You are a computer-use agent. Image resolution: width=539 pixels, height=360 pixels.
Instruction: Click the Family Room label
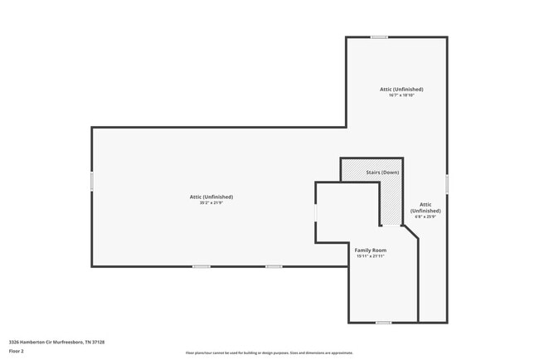pos(371,250)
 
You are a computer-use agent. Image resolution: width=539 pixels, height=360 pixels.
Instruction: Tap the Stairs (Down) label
pos(382,172)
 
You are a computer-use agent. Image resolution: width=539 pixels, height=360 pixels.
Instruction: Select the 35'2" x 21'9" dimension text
pos(211,202)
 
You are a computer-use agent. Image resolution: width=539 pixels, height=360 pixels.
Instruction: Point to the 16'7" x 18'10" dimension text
pos(401,95)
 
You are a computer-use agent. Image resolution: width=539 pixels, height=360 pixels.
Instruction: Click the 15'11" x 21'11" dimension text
pos(371,256)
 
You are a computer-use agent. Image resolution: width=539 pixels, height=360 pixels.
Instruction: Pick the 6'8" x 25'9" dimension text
pos(425,217)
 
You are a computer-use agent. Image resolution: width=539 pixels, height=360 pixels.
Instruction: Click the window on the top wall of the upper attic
pos(379,36)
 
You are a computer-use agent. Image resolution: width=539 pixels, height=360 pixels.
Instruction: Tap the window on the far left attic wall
pos(91,181)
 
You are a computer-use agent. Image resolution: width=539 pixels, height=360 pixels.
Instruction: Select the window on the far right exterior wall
pos(447,183)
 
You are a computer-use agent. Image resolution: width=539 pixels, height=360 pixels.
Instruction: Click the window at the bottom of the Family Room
pos(383,322)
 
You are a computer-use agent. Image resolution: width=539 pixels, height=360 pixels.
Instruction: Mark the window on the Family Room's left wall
pos(315,212)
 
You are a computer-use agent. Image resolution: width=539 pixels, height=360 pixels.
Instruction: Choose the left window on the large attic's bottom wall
pos(201,266)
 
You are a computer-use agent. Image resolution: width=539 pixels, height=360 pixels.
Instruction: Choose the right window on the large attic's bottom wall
pos(274,266)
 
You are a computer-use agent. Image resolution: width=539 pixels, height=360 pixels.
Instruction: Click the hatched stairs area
pos(390,199)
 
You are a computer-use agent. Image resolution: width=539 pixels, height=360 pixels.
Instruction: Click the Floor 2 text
pos(17,350)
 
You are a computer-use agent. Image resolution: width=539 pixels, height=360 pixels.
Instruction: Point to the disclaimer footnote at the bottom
pos(269,353)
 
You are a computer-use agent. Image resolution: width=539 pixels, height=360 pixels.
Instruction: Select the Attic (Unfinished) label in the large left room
pos(211,197)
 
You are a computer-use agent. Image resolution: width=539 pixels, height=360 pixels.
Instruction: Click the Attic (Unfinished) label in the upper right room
pos(401,89)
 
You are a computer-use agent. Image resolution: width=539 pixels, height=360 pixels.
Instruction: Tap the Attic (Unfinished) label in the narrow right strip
pos(425,207)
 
